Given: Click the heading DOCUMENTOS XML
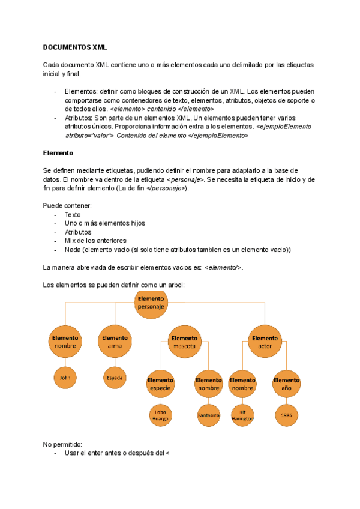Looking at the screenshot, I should (x=75, y=47).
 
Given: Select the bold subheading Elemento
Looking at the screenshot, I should (x=58, y=153).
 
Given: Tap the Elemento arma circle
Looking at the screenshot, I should (x=115, y=342).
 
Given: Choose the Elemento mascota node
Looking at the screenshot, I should (x=183, y=342).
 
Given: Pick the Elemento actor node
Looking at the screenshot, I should (x=265, y=342).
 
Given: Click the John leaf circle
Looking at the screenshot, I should (x=65, y=378).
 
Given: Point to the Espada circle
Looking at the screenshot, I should (x=115, y=378).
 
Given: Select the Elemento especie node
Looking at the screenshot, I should (x=160, y=384).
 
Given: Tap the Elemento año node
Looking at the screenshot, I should (x=286, y=384).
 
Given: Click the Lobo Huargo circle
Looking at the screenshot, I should (x=160, y=415).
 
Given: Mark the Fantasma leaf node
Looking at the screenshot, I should (x=209, y=415).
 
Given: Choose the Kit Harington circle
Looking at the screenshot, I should (x=242, y=415).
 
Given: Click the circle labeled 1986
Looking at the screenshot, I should (x=286, y=415).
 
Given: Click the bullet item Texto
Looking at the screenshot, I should (x=73, y=214).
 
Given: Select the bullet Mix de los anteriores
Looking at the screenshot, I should (x=92, y=241).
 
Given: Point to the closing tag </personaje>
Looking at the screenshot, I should (x=164, y=188).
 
